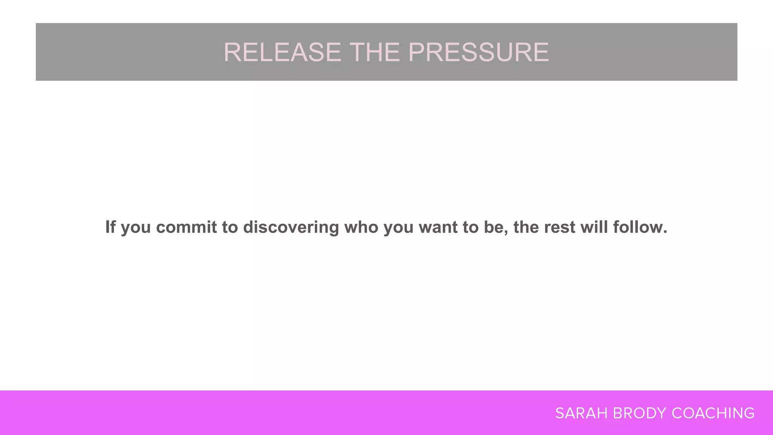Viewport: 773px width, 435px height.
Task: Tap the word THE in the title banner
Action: pyautogui.click(x=375, y=52)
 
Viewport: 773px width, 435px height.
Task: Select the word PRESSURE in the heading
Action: pyautogui.click(x=479, y=52)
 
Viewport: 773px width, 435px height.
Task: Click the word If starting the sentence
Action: pyautogui.click(x=110, y=227)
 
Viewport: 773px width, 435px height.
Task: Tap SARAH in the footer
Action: pyautogui.click(x=581, y=413)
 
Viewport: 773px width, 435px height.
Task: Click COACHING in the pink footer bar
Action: pyautogui.click(x=713, y=413)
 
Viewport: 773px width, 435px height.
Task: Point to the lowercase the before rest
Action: pyautogui.click(x=526, y=227)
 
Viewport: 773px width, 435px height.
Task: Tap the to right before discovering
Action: pyautogui.click(x=230, y=227)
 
